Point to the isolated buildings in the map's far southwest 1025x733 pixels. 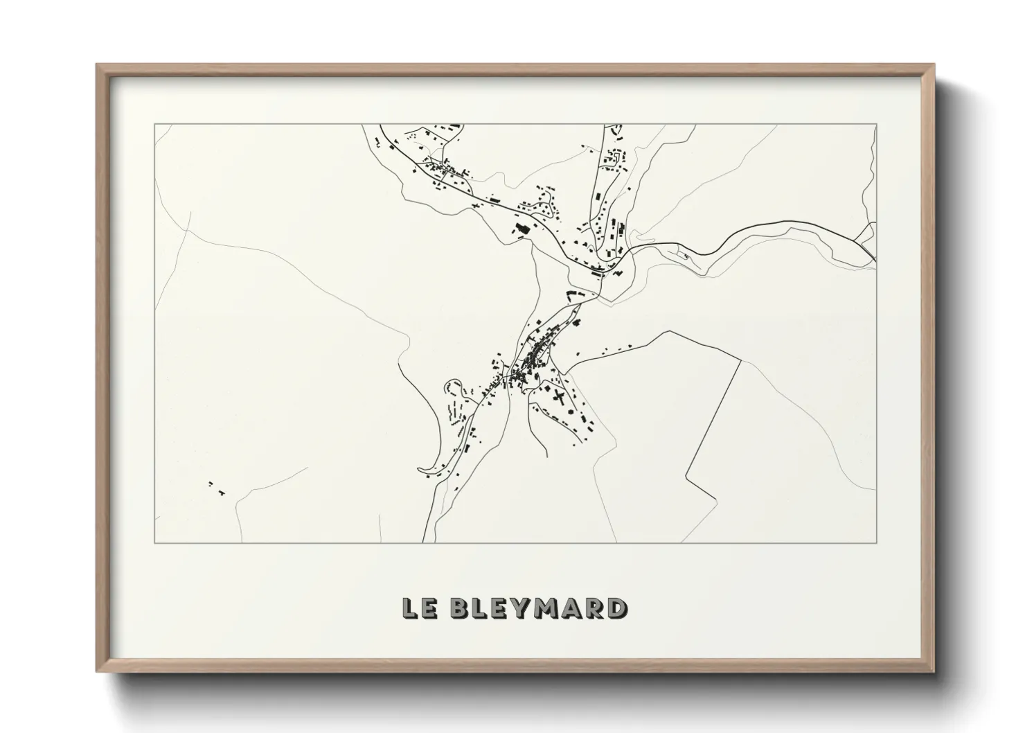(x=217, y=488)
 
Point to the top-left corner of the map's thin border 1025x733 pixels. (x=155, y=125)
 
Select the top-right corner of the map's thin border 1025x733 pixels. (x=876, y=125)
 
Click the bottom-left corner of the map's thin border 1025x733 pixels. (x=155, y=542)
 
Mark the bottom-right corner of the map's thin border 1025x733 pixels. (x=876, y=542)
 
